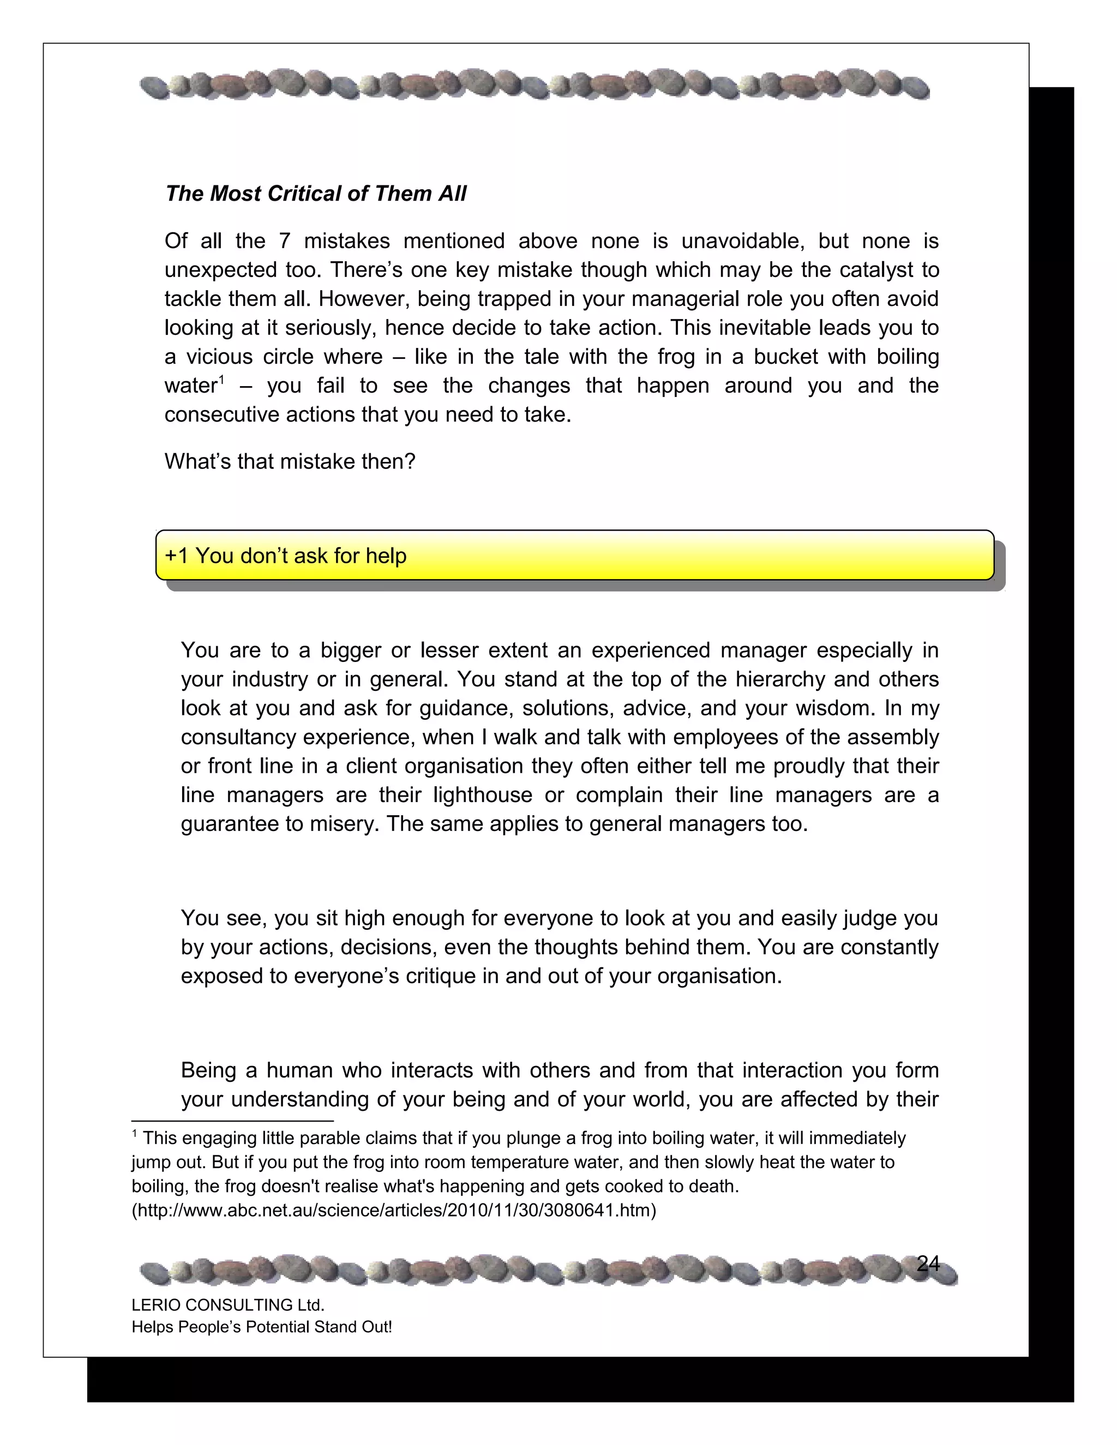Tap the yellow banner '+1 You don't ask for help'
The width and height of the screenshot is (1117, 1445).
pyautogui.click(x=574, y=555)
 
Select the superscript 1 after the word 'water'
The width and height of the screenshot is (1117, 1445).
pyautogui.click(x=223, y=379)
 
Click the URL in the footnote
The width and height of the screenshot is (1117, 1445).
pyautogui.click(x=394, y=1210)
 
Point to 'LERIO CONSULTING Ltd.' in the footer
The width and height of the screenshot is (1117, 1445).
pyautogui.click(x=227, y=1305)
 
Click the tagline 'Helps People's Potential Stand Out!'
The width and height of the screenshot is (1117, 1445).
pyautogui.click(x=261, y=1327)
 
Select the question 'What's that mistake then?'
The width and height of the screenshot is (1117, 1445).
pyautogui.click(x=290, y=461)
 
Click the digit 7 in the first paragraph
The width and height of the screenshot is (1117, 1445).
pyautogui.click(x=285, y=241)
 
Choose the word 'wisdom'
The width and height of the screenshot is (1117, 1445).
pyautogui.click(x=835, y=708)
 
